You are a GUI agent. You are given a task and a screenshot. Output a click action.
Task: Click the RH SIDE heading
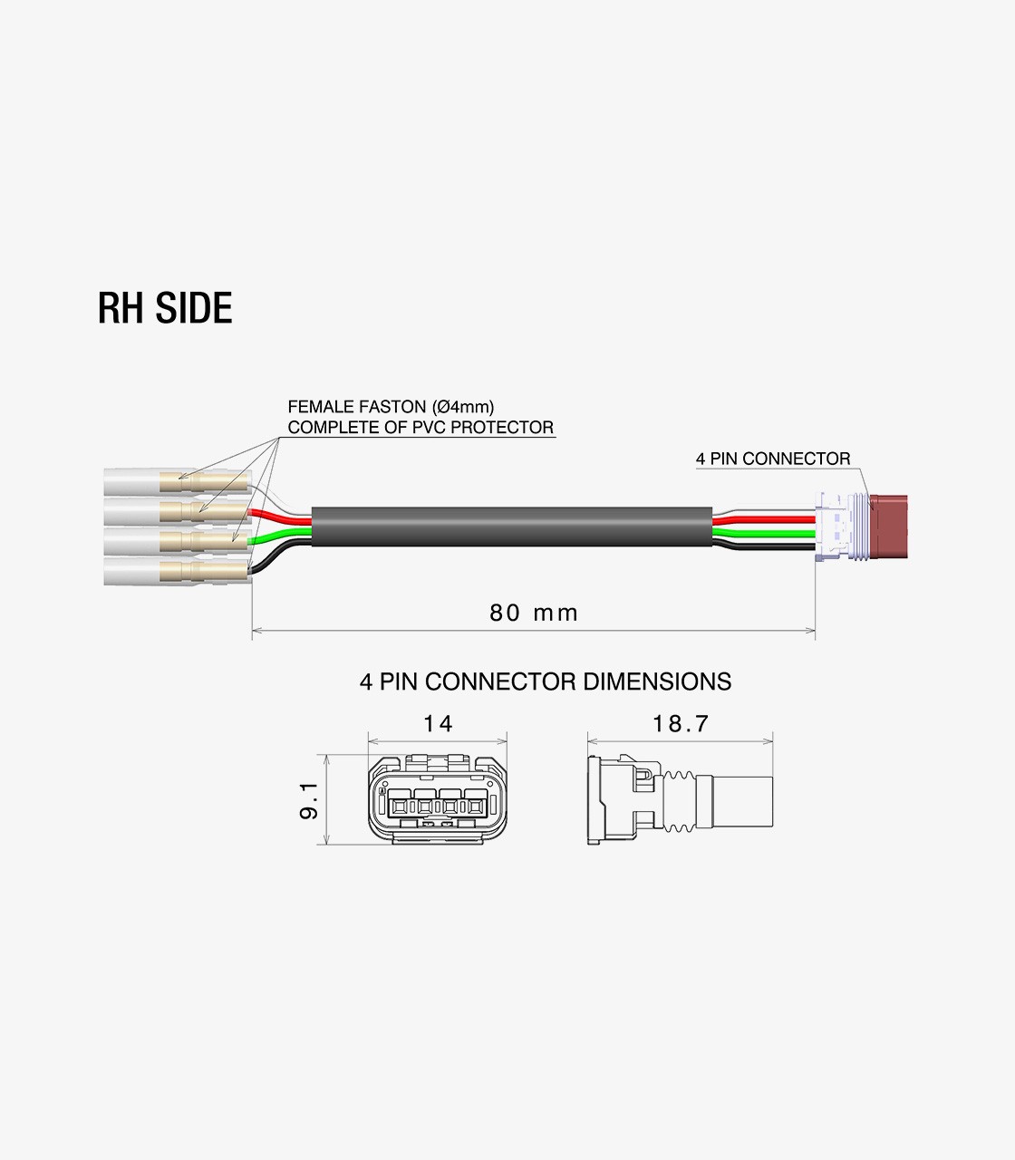[165, 308]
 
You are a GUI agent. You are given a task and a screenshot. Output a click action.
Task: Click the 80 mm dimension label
[533, 614]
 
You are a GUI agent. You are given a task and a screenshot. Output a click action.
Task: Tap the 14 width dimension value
[437, 723]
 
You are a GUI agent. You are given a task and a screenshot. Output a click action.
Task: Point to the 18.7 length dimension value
[680, 723]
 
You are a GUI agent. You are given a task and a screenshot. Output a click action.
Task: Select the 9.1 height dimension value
[308, 802]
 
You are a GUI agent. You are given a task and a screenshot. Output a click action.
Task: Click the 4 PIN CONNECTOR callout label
[773, 459]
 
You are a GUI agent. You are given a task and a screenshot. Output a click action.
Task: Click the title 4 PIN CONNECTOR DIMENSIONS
[545, 681]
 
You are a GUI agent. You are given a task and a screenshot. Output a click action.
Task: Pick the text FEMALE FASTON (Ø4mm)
[391, 407]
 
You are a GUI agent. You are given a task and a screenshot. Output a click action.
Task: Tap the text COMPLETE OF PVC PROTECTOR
[420, 427]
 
